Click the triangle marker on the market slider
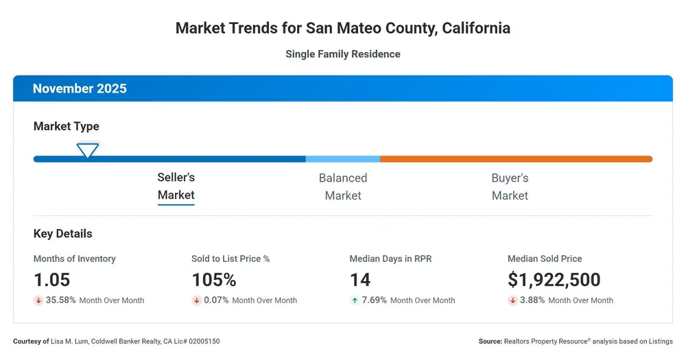coord(88,150)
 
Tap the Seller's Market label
coord(176,186)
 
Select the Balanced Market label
coord(343,187)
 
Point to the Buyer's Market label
coord(510,187)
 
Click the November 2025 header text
coord(80,88)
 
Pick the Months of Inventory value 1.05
coord(51,280)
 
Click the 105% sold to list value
coord(214,280)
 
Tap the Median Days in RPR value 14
coord(360,280)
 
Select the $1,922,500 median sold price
coord(554,280)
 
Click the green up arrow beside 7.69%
coord(355,300)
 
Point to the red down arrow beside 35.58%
coord(38,300)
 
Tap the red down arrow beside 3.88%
coord(512,300)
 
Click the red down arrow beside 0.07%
coord(197,300)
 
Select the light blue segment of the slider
coord(343,159)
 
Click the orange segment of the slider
coord(517,159)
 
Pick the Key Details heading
coord(63,234)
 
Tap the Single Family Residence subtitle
coord(343,54)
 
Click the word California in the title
coord(476,28)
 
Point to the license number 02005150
coord(204,341)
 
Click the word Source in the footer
coord(490,341)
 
